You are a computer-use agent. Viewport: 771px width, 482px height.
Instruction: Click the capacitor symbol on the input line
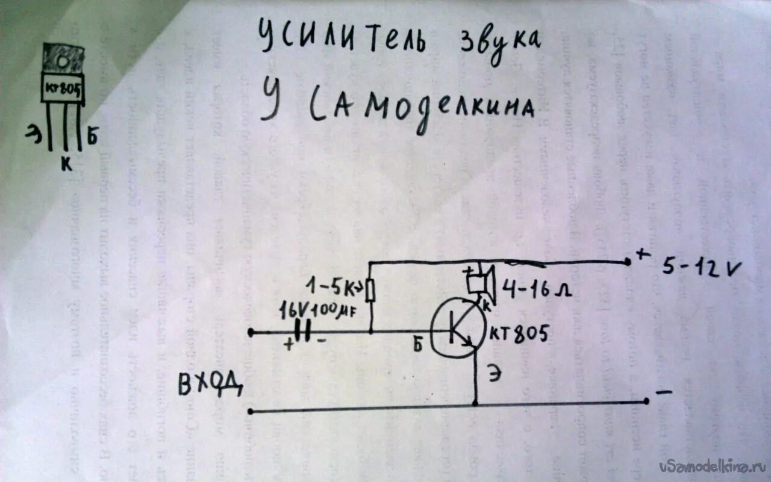pos(305,332)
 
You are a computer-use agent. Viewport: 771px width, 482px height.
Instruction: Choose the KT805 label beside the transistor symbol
pos(518,334)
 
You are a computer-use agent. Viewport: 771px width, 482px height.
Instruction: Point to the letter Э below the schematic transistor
pos(493,374)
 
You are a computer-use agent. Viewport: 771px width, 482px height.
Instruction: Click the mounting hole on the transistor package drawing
pos(62,61)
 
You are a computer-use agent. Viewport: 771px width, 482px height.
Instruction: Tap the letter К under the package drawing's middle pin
pos(66,162)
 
